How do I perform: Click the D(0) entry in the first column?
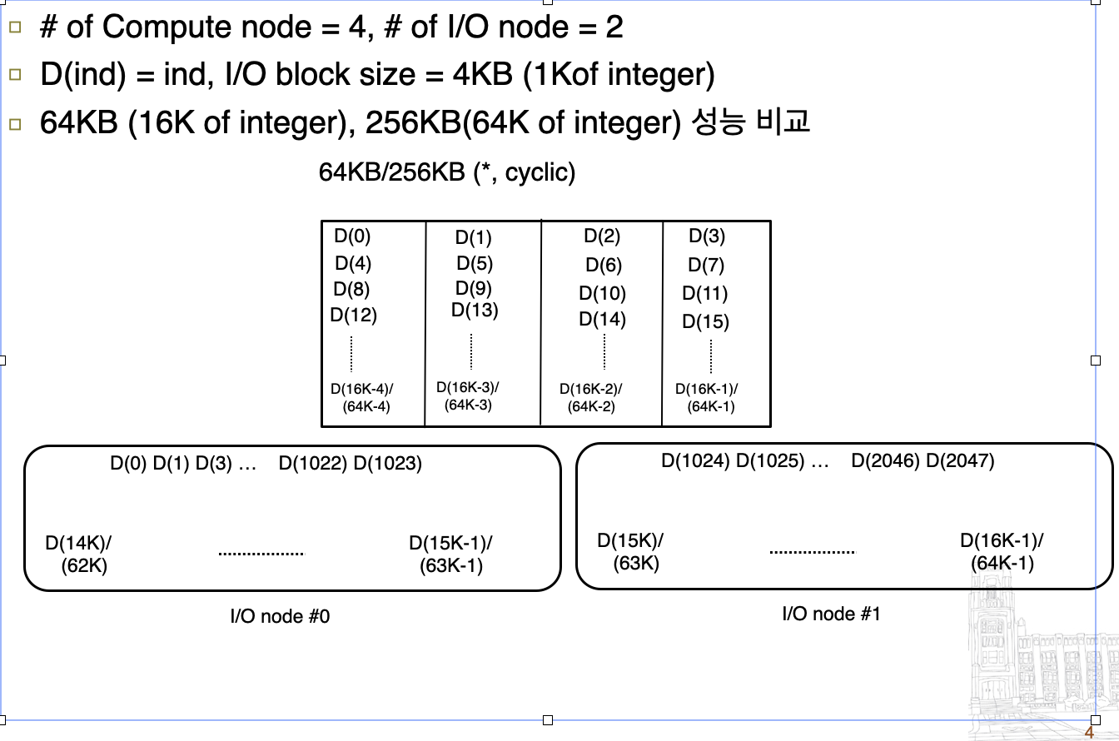(x=352, y=236)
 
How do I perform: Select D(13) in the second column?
(x=475, y=311)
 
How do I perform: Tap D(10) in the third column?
(x=602, y=293)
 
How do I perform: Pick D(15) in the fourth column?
(x=705, y=321)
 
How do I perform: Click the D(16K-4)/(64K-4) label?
(x=362, y=397)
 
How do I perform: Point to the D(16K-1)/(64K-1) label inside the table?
(x=707, y=397)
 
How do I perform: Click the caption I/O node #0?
(x=280, y=617)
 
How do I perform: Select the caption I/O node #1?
(x=831, y=614)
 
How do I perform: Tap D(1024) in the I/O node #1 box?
(x=696, y=460)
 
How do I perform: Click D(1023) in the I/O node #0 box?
(x=388, y=463)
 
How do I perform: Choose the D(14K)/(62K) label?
(x=79, y=555)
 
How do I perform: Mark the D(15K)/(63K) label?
(x=631, y=551)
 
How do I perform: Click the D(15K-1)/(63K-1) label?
(x=450, y=555)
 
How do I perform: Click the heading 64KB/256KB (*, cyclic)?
(x=447, y=172)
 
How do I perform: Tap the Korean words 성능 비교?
(x=751, y=122)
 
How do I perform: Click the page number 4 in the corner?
(x=1088, y=733)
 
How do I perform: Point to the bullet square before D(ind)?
(x=14, y=75)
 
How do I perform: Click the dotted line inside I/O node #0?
(x=261, y=554)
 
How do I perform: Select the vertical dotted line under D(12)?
(x=351, y=353)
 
